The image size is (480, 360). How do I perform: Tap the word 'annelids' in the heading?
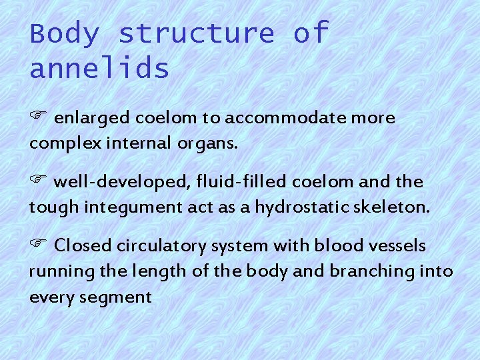99,68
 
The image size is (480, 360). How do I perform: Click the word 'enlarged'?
93,119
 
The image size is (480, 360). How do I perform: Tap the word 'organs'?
216,144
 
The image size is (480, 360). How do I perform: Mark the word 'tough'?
51,208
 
